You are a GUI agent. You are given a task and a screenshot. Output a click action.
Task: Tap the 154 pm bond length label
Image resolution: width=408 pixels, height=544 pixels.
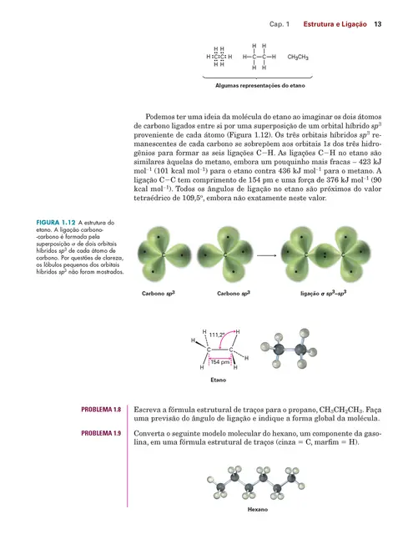pyautogui.click(x=220, y=361)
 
